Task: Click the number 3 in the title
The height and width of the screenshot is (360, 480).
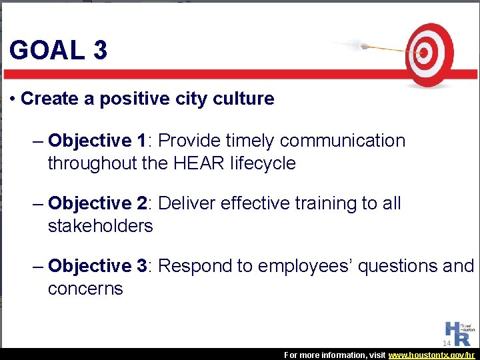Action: click(100, 50)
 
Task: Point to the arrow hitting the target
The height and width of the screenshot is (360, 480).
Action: click(380, 47)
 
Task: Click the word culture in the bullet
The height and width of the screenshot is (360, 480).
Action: click(243, 99)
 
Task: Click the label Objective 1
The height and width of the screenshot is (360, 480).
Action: click(97, 141)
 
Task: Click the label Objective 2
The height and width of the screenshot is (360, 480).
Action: click(97, 203)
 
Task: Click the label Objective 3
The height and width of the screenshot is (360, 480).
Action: click(97, 266)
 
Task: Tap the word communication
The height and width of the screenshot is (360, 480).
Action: click(342, 141)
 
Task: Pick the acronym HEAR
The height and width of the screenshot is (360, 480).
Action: click(201, 163)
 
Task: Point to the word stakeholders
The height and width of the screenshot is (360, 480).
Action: click(100, 226)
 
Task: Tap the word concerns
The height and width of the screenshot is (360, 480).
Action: click(85, 289)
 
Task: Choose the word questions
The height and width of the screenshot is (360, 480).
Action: click(397, 266)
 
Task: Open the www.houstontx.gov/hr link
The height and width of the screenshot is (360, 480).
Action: click(431, 355)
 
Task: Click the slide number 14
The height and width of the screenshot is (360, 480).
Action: click(447, 343)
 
